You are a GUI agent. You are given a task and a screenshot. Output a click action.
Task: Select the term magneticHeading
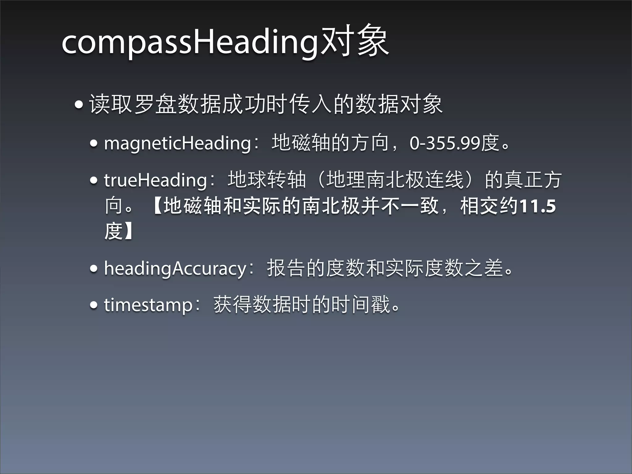coord(177,143)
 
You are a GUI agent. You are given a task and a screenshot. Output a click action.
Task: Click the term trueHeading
coord(155,180)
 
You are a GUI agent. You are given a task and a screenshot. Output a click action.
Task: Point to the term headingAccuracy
coord(175,268)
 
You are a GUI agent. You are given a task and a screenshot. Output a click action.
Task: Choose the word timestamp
coord(148,305)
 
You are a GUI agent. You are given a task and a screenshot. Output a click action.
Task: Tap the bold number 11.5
coord(538,206)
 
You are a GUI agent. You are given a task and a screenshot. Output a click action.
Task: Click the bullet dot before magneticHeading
coord(94,143)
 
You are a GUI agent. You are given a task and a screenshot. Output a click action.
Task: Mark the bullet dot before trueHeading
coord(94,180)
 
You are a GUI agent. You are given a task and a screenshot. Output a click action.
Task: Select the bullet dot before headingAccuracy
coord(94,268)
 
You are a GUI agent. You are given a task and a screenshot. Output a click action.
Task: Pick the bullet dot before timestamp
coord(94,305)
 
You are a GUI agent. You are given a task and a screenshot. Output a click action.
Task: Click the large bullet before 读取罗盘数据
coord(79,105)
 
